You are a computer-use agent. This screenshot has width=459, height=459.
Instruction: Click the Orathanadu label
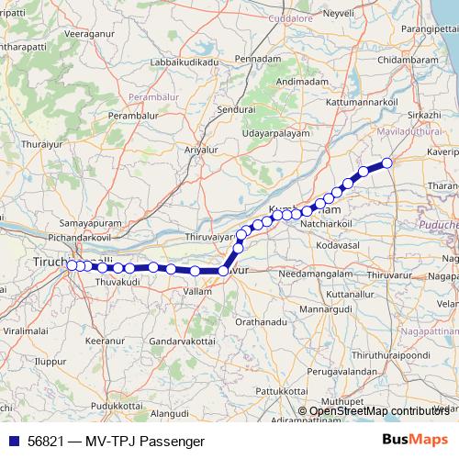tap(263, 322)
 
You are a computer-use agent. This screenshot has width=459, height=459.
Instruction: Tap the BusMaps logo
tap(417, 441)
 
